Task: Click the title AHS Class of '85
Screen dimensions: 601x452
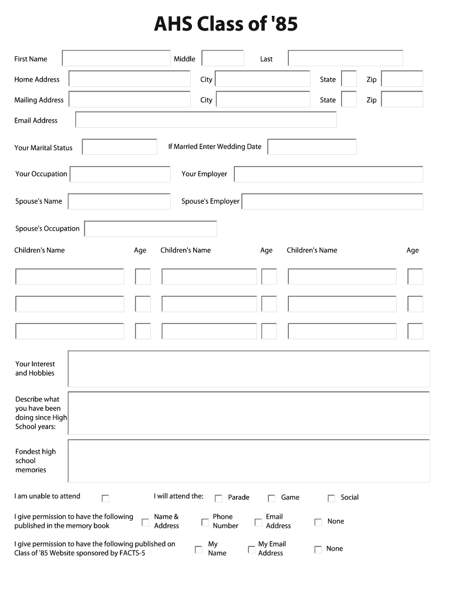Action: tap(225, 24)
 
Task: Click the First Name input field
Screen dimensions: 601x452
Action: tap(116, 58)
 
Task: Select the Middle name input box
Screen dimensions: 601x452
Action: tap(222, 58)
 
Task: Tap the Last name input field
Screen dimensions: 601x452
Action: tap(345, 58)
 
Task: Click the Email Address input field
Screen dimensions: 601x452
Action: tap(205, 120)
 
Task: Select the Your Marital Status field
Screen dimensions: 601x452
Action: tap(120, 147)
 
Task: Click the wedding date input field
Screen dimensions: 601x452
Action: tap(312, 147)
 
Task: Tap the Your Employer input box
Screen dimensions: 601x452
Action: tap(328, 174)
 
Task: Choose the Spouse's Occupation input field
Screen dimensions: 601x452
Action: tap(151, 229)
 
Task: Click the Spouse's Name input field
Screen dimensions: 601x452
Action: tap(119, 201)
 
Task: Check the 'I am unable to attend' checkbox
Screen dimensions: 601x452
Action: tap(106, 498)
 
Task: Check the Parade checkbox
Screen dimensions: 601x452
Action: tap(218, 498)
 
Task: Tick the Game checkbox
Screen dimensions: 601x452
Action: tap(272, 498)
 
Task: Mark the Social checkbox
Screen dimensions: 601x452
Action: tap(332, 498)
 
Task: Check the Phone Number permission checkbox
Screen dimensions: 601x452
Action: tap(205, 522)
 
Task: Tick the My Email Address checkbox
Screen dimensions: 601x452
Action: tap(251, 549)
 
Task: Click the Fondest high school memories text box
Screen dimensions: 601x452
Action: tap(249, 461)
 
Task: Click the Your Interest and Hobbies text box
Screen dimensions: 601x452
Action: tap(249, 369)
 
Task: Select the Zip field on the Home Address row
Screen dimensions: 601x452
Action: tap(402, 79)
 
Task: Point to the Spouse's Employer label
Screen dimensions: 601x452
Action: tap(210, 201)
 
